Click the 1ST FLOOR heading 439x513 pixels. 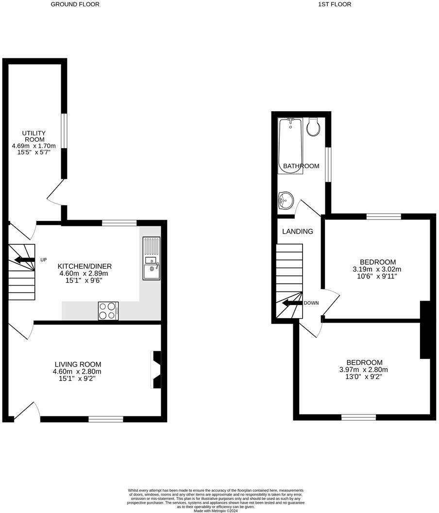(334, 4)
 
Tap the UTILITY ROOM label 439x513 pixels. (34, 136)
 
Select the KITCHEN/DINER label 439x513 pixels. (85, 266)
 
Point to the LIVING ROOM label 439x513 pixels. (78, 364)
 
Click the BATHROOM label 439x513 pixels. (301, 166)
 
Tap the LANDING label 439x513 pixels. (298, 232)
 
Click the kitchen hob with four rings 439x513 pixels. (109, 311)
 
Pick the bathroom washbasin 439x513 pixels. (286, 200)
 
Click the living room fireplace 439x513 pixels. (156, 370)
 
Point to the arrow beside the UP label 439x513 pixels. (24, 260)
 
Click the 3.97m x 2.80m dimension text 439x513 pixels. (364, 370)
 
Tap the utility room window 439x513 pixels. (64, 130)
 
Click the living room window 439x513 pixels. (106, 419)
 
